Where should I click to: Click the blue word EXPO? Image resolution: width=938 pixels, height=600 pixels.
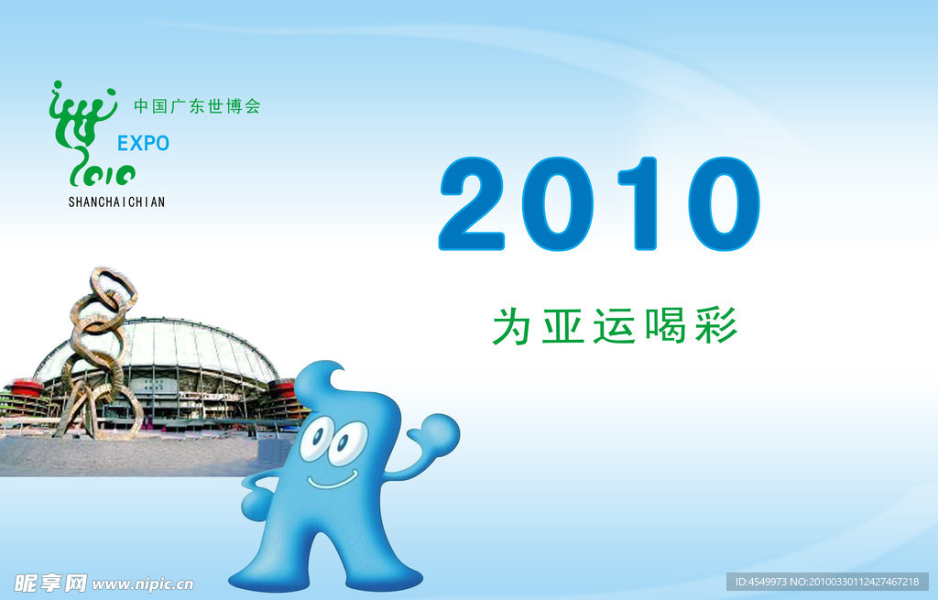143,143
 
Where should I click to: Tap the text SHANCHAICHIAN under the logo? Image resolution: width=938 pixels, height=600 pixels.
116,202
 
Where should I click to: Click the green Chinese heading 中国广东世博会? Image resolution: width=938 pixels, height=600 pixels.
198,106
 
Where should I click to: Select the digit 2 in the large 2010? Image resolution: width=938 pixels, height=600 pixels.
473,203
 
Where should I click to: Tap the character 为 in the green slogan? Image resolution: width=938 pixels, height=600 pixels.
511,326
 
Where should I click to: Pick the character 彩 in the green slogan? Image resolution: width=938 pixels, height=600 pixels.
716,326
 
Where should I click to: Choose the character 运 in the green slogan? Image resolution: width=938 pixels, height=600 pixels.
614,326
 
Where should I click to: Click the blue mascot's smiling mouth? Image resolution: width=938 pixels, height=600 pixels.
333,480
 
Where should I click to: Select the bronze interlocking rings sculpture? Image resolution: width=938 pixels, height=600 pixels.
99,353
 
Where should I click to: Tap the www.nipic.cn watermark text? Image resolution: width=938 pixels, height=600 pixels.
143,584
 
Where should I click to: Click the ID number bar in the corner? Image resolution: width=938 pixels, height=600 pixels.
827,582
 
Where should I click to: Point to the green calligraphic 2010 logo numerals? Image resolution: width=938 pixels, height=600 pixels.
102,173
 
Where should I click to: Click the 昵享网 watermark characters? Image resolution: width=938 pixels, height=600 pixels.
51,583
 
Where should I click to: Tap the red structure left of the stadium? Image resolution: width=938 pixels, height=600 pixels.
25,388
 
